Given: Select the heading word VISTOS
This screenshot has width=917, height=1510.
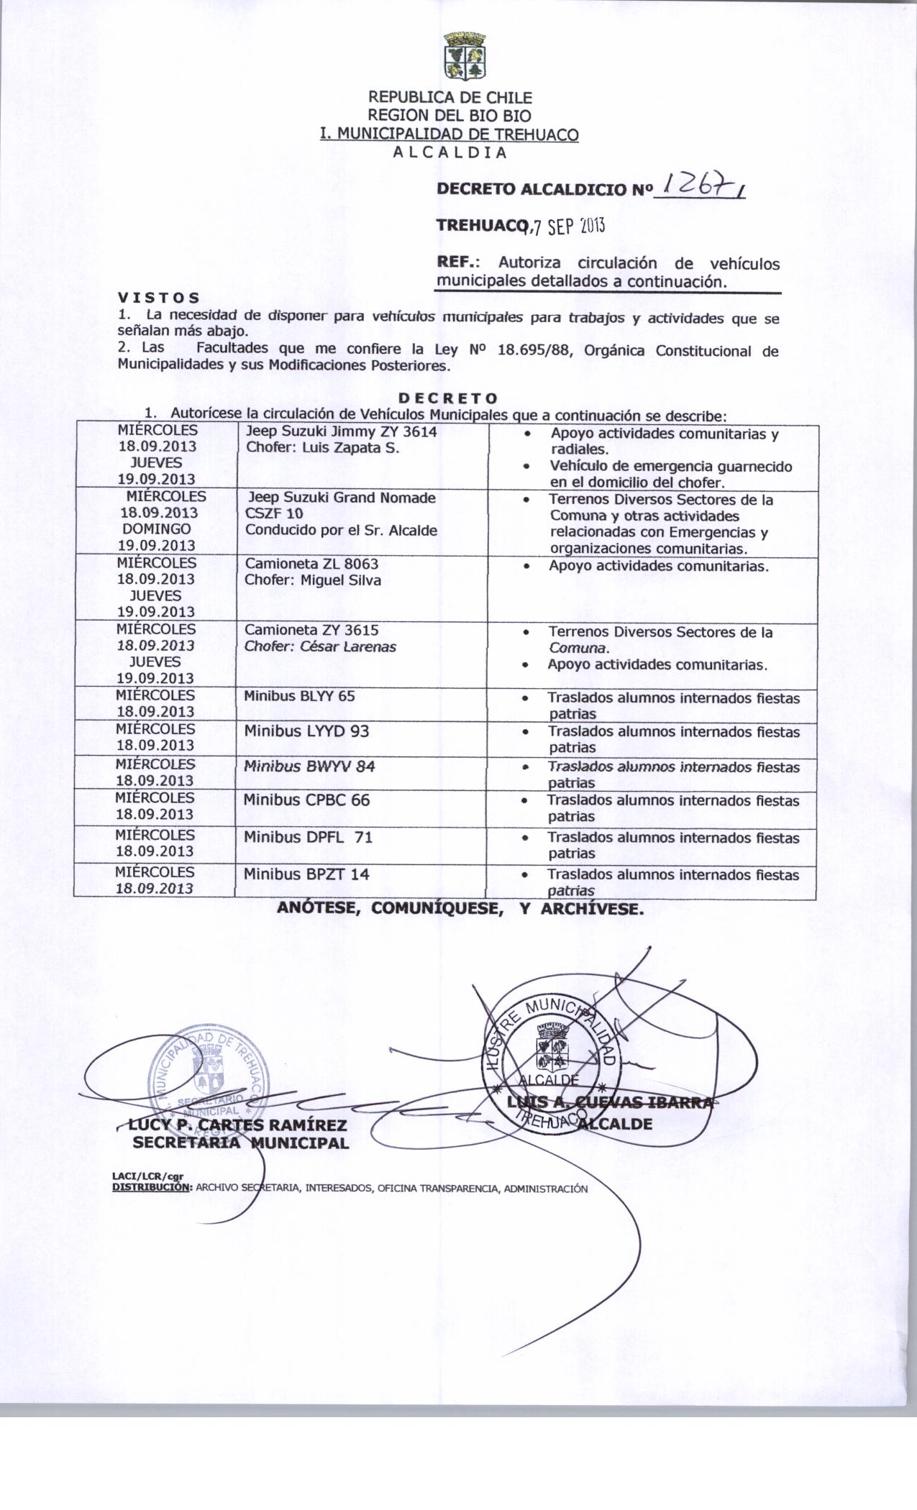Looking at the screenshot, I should tap(159, 297).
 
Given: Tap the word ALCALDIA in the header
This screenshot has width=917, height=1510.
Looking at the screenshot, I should tap(450, 152).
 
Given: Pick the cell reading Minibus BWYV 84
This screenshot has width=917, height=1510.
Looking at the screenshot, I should tap(309, 766).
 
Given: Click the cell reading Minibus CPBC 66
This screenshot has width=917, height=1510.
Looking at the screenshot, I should tap(306, 800).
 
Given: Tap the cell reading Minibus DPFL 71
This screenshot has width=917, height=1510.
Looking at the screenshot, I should tap(308, 837).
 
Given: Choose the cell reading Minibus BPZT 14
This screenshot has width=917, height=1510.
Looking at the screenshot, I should tap(306, 874).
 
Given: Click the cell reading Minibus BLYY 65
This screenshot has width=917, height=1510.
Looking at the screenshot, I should tap(299, 696).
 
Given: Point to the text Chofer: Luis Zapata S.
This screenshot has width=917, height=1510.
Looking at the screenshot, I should tap(322, 447).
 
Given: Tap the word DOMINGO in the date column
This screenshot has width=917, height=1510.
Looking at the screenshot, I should tap(157, 528).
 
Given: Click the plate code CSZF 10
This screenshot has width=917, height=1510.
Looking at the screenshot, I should tap(274, 513).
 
